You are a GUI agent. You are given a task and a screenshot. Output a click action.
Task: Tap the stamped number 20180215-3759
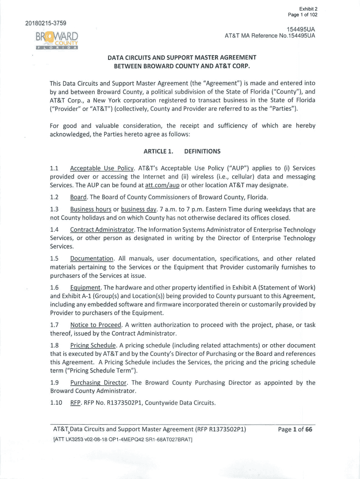42,22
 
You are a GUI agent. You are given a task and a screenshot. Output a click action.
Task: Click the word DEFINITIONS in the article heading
202,151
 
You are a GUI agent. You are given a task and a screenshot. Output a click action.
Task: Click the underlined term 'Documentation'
92,259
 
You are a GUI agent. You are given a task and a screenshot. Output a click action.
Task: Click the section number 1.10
56,403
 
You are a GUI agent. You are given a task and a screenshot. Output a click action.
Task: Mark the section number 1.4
54,230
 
